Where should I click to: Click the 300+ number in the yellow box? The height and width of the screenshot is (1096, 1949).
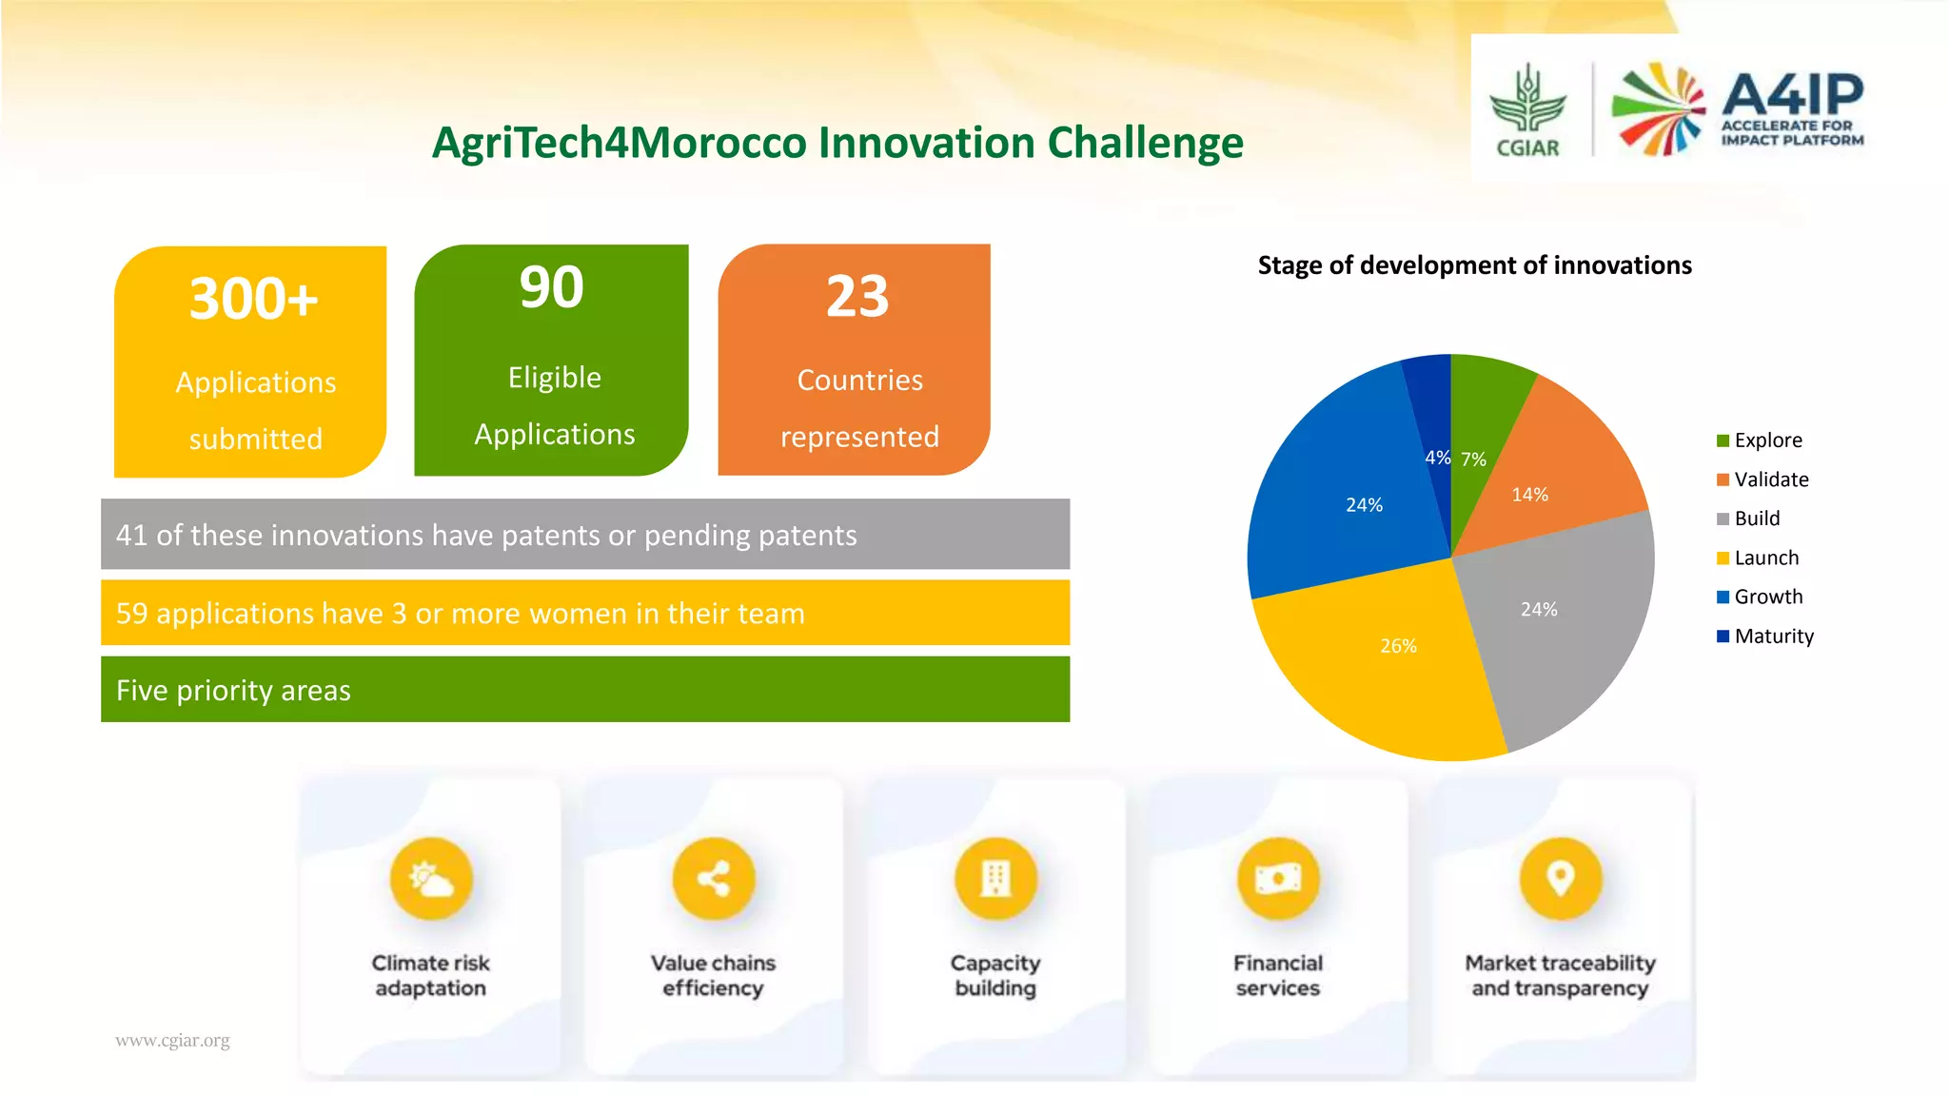coord(253,299)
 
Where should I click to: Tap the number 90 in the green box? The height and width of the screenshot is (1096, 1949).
coord(551,287)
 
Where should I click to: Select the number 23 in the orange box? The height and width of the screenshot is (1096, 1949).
coord(856,297)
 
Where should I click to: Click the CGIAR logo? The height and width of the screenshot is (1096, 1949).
coord(1527,110)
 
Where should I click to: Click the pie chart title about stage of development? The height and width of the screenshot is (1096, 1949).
coord(1474,265)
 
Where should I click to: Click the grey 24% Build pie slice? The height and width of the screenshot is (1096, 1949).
coord(1561,628)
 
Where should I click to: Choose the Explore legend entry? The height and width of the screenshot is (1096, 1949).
coord(1766,440)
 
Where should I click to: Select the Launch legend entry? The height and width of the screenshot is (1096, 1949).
coord(1765,558)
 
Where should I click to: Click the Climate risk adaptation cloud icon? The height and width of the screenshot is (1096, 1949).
coord(431,879)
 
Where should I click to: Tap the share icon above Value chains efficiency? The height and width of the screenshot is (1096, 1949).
coord(714,879)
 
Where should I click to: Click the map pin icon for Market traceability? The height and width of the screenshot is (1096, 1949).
coord(1561,879)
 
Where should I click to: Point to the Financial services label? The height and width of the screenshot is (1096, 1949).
coord(1278,975)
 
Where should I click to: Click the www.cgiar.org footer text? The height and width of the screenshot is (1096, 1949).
coord(172,1040)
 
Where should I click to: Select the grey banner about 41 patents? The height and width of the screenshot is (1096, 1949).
coord(585,535)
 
